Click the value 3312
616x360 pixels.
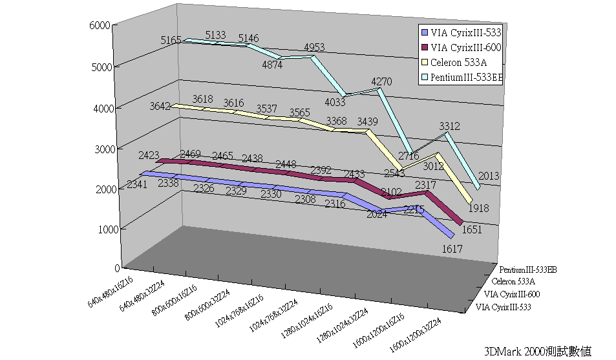pos(449,126)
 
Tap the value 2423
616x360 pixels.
pos(148,156)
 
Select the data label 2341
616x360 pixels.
pos(137,185)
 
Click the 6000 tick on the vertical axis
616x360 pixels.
pos(103,25)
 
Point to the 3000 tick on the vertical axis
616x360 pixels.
pos(103,148)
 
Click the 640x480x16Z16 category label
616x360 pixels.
pos(111,290)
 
